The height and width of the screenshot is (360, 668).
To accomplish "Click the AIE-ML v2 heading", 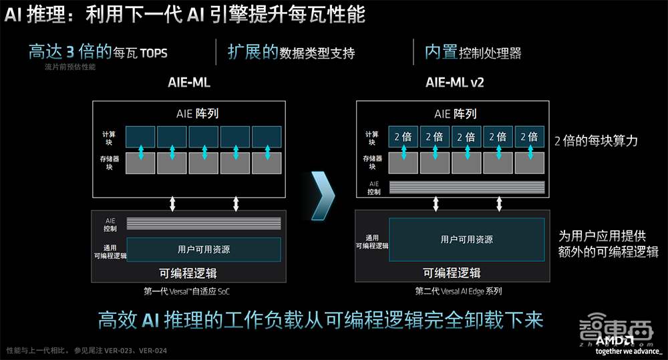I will click(x=455, y=83).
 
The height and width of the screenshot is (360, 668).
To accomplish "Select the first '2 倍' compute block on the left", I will click(x=403, y=136).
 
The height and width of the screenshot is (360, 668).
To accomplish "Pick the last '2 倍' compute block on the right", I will click(x=528, y=136).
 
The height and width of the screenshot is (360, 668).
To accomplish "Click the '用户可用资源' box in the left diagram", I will click(x=204, y=249).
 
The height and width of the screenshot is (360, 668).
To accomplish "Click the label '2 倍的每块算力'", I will click(x=596, y=141).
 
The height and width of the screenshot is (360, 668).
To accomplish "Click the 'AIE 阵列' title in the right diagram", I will click(x=456, y=114).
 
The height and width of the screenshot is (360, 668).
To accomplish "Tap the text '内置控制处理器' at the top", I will click(x=473, y=53).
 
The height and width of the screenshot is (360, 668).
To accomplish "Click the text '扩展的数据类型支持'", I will click(x=291, y=53).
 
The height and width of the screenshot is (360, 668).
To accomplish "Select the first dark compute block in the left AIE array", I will click(x=140, y=136).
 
